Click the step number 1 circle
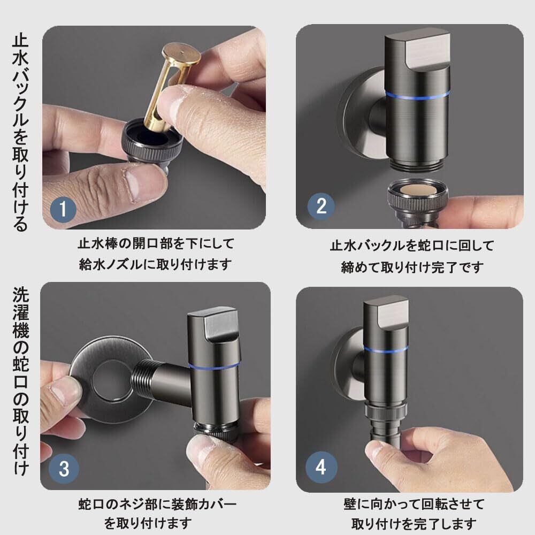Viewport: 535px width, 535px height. (x=63, y=209)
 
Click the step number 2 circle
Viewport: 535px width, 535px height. (x=321, y=206)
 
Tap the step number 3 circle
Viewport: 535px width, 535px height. (x=64, y=468)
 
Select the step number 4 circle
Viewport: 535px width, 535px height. (x=320, y=467)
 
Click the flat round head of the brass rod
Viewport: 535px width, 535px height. (x=181, y=54)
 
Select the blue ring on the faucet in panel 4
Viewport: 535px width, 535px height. (x=386, y=349)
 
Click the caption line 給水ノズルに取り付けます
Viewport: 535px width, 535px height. (x=155, y=264)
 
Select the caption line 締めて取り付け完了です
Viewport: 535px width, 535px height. (x=412, y=267)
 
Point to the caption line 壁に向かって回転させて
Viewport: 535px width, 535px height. (x=414, y=505)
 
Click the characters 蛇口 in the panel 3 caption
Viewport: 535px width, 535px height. (x=91, y=504)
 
